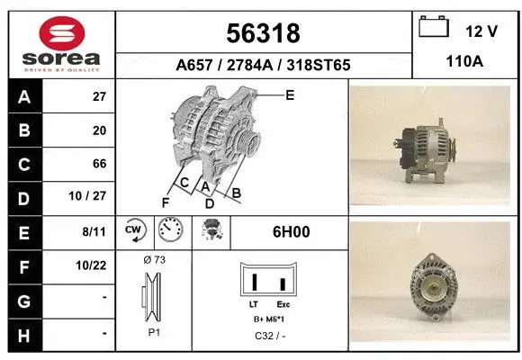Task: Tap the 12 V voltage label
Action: tap(481, 31)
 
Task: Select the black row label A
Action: tap(24, 96)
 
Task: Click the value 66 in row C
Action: tap(100, 164)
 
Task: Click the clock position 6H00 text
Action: tap(291, 231)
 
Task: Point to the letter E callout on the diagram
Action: tap(289, 94)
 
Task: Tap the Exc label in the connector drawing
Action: tap(283, 305)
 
